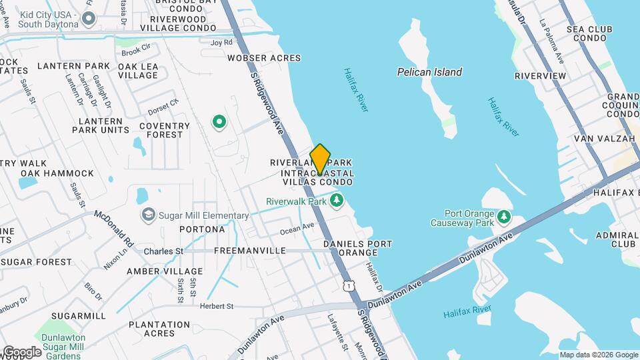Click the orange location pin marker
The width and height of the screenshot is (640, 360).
click(320, 159)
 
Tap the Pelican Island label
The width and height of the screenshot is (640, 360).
click(429, 72)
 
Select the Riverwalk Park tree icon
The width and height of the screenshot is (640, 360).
click(337, 201)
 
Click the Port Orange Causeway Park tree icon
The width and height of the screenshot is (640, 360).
click(505, 217)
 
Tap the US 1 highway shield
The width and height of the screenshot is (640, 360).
click(348, 285)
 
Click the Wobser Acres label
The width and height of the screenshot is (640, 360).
click(264, 58)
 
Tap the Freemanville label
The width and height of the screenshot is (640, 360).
click(249, 251)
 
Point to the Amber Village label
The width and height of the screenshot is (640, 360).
click(165, 271)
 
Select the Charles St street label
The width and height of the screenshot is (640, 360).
click(163, 251)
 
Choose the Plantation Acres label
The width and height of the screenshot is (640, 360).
click(159, 329)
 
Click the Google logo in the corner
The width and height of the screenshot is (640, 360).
click(21, 351)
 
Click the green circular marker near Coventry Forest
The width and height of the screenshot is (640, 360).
click(219, 122)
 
